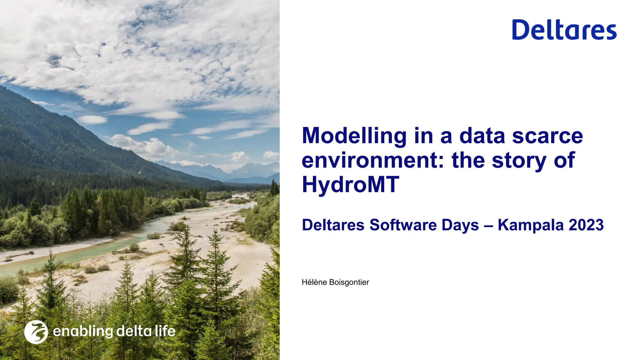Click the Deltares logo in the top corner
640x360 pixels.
[x=564, y=30]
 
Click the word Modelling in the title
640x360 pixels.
[x=354, y=136]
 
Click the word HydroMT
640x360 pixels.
[x=351, y=184]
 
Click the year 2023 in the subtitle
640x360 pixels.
[x=586, y=225]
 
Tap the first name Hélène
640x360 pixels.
[x=314, y=282]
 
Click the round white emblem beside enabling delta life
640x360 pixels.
[x=36, y=332]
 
